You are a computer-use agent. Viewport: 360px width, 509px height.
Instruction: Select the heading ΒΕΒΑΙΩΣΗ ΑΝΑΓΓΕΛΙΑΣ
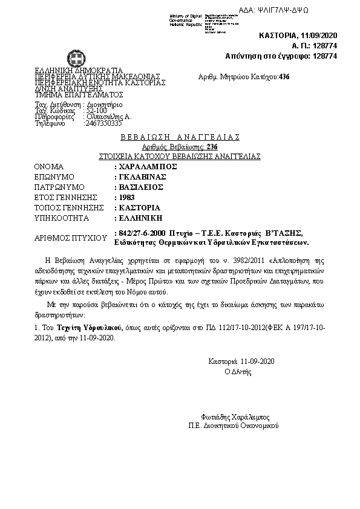180,137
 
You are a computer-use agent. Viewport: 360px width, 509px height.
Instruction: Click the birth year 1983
127,197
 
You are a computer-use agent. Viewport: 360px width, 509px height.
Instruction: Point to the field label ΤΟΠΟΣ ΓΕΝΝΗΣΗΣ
67,207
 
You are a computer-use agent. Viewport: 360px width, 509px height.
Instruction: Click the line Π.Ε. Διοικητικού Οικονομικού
233,426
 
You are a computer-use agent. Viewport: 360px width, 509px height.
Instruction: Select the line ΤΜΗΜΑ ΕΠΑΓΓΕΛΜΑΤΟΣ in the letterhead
79,94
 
